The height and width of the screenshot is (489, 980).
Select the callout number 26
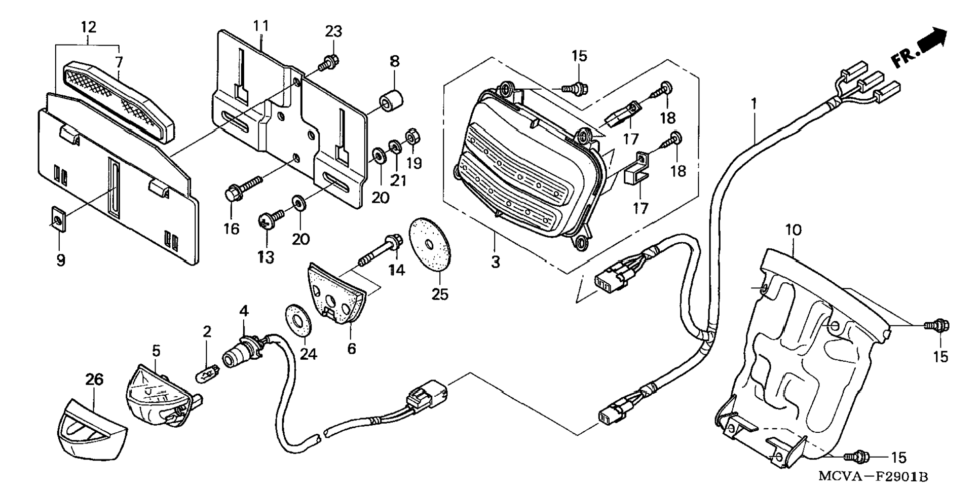pos(94,379)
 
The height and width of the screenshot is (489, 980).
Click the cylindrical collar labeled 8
pos(391,100)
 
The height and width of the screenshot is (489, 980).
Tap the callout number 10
pos(794,231)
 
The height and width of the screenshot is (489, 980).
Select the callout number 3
pos(495,262)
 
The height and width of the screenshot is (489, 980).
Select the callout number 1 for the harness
pos(754,103)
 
